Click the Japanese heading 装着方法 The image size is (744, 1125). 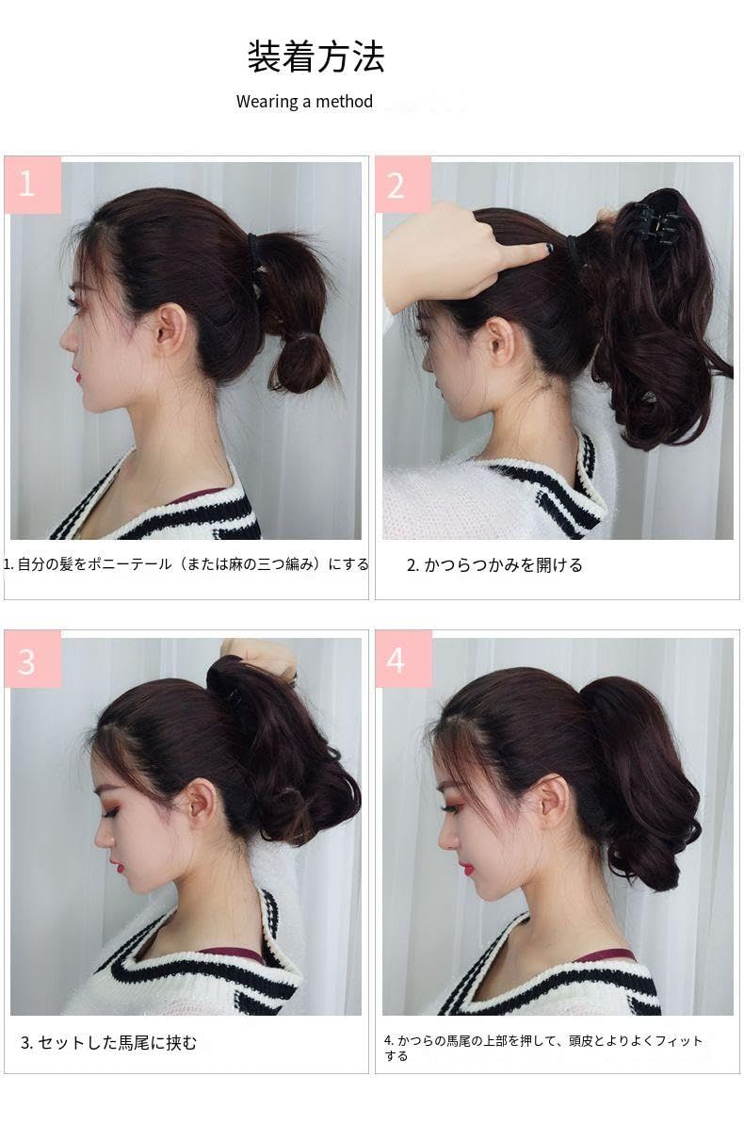point(315,57)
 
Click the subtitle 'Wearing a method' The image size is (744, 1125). point(304,101)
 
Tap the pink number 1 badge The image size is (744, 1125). point(32,185)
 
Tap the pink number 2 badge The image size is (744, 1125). point(402,185)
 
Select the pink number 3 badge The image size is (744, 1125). point(32,660)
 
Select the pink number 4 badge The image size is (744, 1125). point(402,660)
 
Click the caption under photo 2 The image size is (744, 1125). point(494,565)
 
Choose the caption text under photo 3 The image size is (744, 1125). point(108,1042)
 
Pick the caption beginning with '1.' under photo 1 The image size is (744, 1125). point(186,564)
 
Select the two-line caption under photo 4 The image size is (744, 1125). point(543,1048)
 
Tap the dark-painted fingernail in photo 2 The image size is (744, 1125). point(548,247)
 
